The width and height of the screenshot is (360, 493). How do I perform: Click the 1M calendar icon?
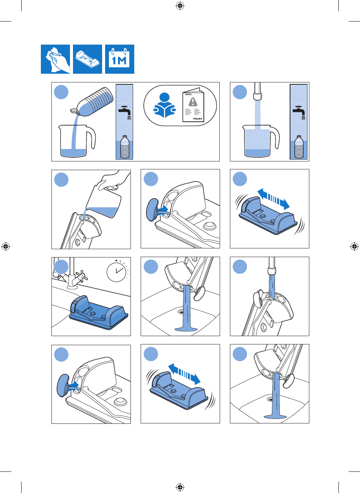coord(119,59)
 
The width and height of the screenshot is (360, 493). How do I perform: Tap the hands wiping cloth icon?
coord(55,59)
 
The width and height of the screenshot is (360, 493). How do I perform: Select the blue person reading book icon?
coord(164,105)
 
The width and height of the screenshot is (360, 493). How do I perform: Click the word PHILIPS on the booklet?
coord(197,119)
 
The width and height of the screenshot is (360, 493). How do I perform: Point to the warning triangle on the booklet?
coord(193,102)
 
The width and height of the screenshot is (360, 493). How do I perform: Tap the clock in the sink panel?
coord(116,272)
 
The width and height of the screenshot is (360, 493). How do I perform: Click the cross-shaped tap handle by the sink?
coord(82,275)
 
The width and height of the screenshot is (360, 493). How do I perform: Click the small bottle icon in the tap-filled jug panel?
coord(299,147)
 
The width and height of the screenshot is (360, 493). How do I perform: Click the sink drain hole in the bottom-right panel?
coord(270,399)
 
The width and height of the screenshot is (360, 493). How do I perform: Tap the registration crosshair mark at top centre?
coord(180,6)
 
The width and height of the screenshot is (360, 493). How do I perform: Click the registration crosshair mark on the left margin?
coord(6,246)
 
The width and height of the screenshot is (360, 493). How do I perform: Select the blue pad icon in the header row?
coord(87,59)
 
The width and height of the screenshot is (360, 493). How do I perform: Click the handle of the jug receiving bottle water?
coord(91,137)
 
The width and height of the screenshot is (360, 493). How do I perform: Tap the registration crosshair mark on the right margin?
coord(354,246)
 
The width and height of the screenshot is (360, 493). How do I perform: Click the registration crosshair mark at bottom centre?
coord(180,487)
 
